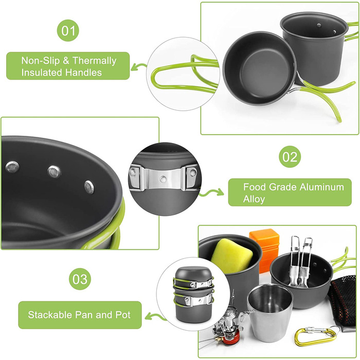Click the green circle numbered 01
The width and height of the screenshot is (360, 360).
tap(68, 30)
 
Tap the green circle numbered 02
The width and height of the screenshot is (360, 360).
tap(290, 156)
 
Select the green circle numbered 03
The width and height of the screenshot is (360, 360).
tap(80, 279)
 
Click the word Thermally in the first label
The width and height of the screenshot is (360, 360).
tap(94, 61)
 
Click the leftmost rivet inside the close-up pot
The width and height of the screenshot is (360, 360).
tap(12, 167)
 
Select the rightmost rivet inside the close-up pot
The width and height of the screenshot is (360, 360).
tap(89, 187)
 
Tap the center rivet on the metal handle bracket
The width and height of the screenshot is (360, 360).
tap(163, 179)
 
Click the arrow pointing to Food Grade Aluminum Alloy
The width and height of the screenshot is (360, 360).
tap(211, 192)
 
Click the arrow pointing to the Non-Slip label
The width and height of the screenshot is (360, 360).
tap(139, 67)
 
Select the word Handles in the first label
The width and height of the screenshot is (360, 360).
tap(83, 73)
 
